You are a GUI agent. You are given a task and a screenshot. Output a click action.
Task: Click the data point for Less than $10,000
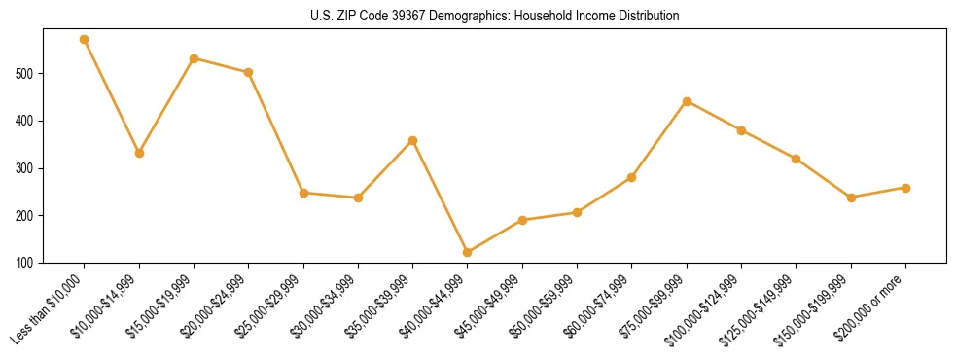click(85, 40)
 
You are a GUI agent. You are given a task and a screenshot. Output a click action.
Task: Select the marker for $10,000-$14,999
click(139, 153)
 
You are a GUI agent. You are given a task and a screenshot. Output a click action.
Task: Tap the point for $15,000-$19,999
click(195, 58)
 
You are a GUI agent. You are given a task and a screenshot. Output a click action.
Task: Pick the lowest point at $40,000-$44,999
click(468, 252)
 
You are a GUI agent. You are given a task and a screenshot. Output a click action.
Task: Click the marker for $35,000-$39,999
click(413, 140)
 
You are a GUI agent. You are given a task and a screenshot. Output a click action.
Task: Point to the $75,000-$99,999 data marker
click(687, 101)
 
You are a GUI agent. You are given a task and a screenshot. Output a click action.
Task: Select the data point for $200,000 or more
click(905, 188)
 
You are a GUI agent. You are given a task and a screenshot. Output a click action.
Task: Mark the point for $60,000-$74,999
click(632, 177)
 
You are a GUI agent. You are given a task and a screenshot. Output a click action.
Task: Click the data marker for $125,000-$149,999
click(797, 159)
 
